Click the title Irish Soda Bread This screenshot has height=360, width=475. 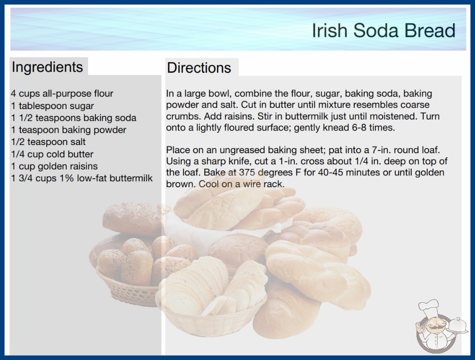tap(384, 30)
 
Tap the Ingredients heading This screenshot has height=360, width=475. tap(47, 67)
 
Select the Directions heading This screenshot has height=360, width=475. tap(199, 68)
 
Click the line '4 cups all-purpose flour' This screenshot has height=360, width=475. tap(62, 94)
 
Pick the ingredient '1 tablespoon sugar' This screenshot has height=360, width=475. tap(52, 106)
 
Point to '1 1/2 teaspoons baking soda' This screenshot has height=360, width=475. tap(74, 118)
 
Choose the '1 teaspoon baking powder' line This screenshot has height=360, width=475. tap(69, 130)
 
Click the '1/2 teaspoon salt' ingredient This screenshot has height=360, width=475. tap(48, 142)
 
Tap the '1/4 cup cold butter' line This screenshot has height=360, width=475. tap(52, 154)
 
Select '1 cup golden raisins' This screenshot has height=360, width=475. tap(54, 166)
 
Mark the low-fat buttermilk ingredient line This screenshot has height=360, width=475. tap(82, 178)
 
